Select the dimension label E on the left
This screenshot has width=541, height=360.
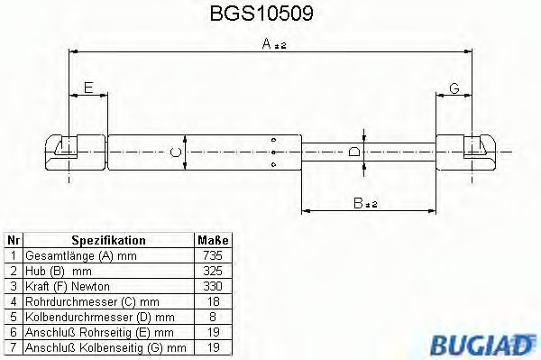point(87,87)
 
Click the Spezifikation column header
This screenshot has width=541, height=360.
point(108,241)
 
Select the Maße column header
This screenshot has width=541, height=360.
point(214,241)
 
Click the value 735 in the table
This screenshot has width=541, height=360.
point(214,255)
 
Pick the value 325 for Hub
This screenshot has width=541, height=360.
point(214,270)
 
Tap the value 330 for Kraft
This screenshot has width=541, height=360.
point(214,285)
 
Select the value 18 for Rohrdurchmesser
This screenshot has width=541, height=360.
point(214,300)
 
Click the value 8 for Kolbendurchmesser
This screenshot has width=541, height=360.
point(214,316)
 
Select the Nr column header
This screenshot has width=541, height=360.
point(13,241)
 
